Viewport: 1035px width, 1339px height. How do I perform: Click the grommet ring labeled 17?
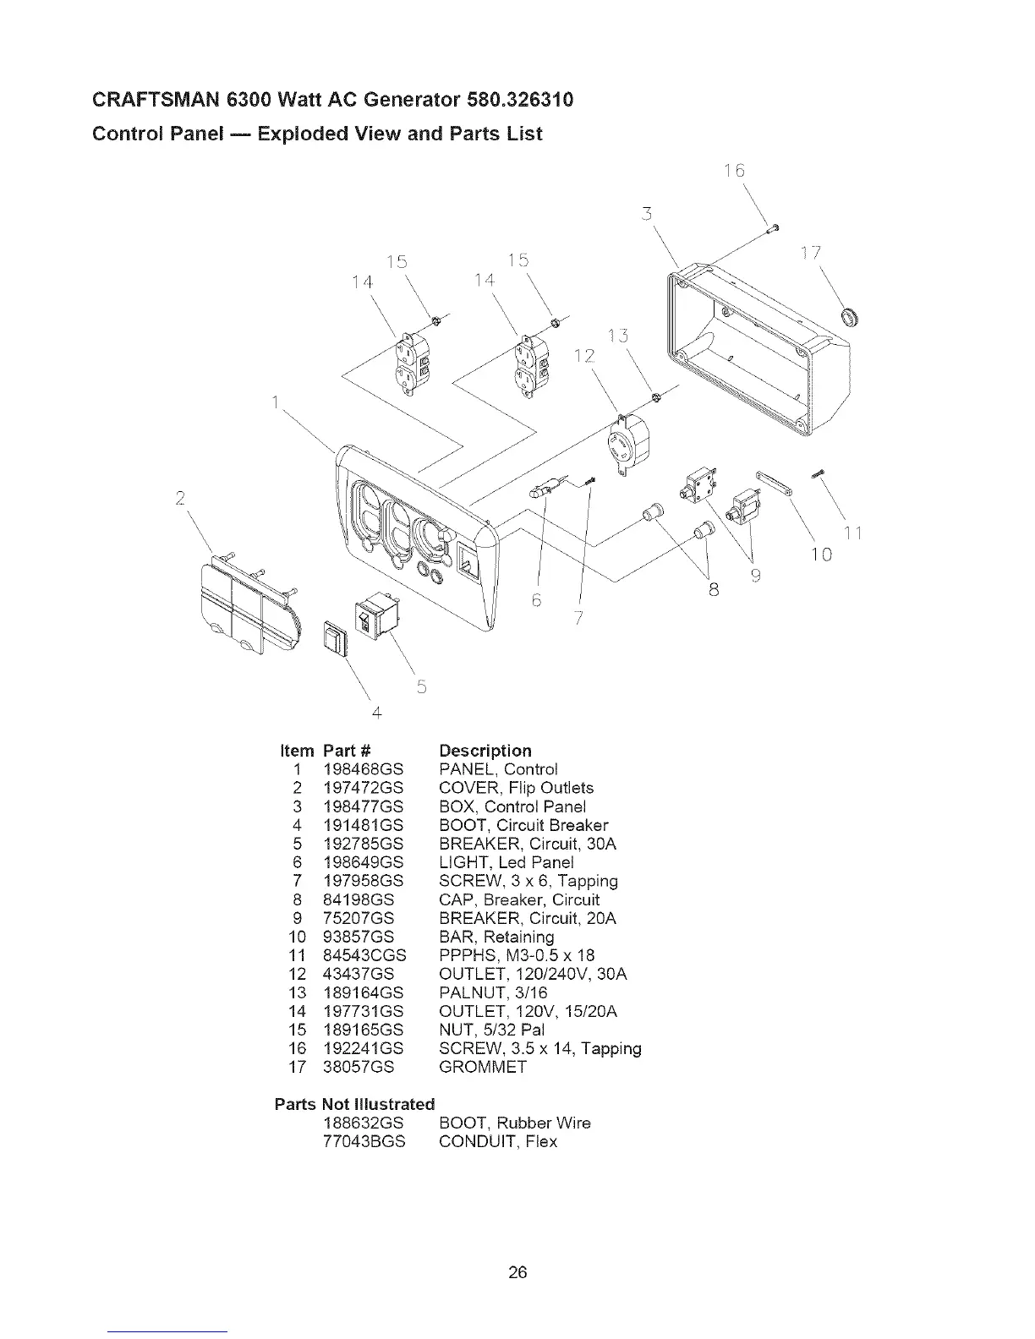(849, 317)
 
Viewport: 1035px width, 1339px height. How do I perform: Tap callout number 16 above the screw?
(737, 171)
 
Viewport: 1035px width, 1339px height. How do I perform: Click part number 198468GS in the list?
(363, 769)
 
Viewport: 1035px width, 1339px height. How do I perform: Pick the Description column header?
(485, 751)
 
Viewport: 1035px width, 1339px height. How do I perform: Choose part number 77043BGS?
(364, 1141)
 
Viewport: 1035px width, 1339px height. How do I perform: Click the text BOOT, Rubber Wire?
(515, 1123)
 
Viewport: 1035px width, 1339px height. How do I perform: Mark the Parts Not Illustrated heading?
(354, 1104)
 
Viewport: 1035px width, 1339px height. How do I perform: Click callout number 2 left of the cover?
(180, 496)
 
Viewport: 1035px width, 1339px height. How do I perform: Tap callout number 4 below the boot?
(376, 713)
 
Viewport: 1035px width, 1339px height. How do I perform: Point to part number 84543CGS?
(364, 955)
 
